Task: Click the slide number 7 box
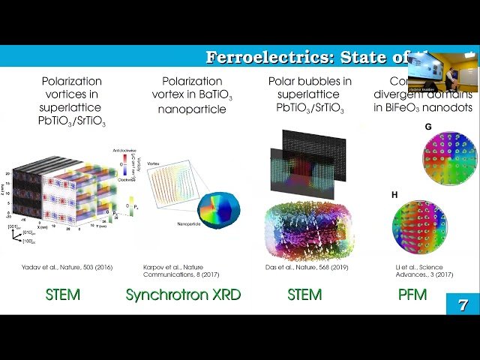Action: point(462,304)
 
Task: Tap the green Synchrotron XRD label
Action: point(183,295)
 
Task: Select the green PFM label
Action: point(412,295)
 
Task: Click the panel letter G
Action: point(427,127)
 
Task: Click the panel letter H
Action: point(395,194)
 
